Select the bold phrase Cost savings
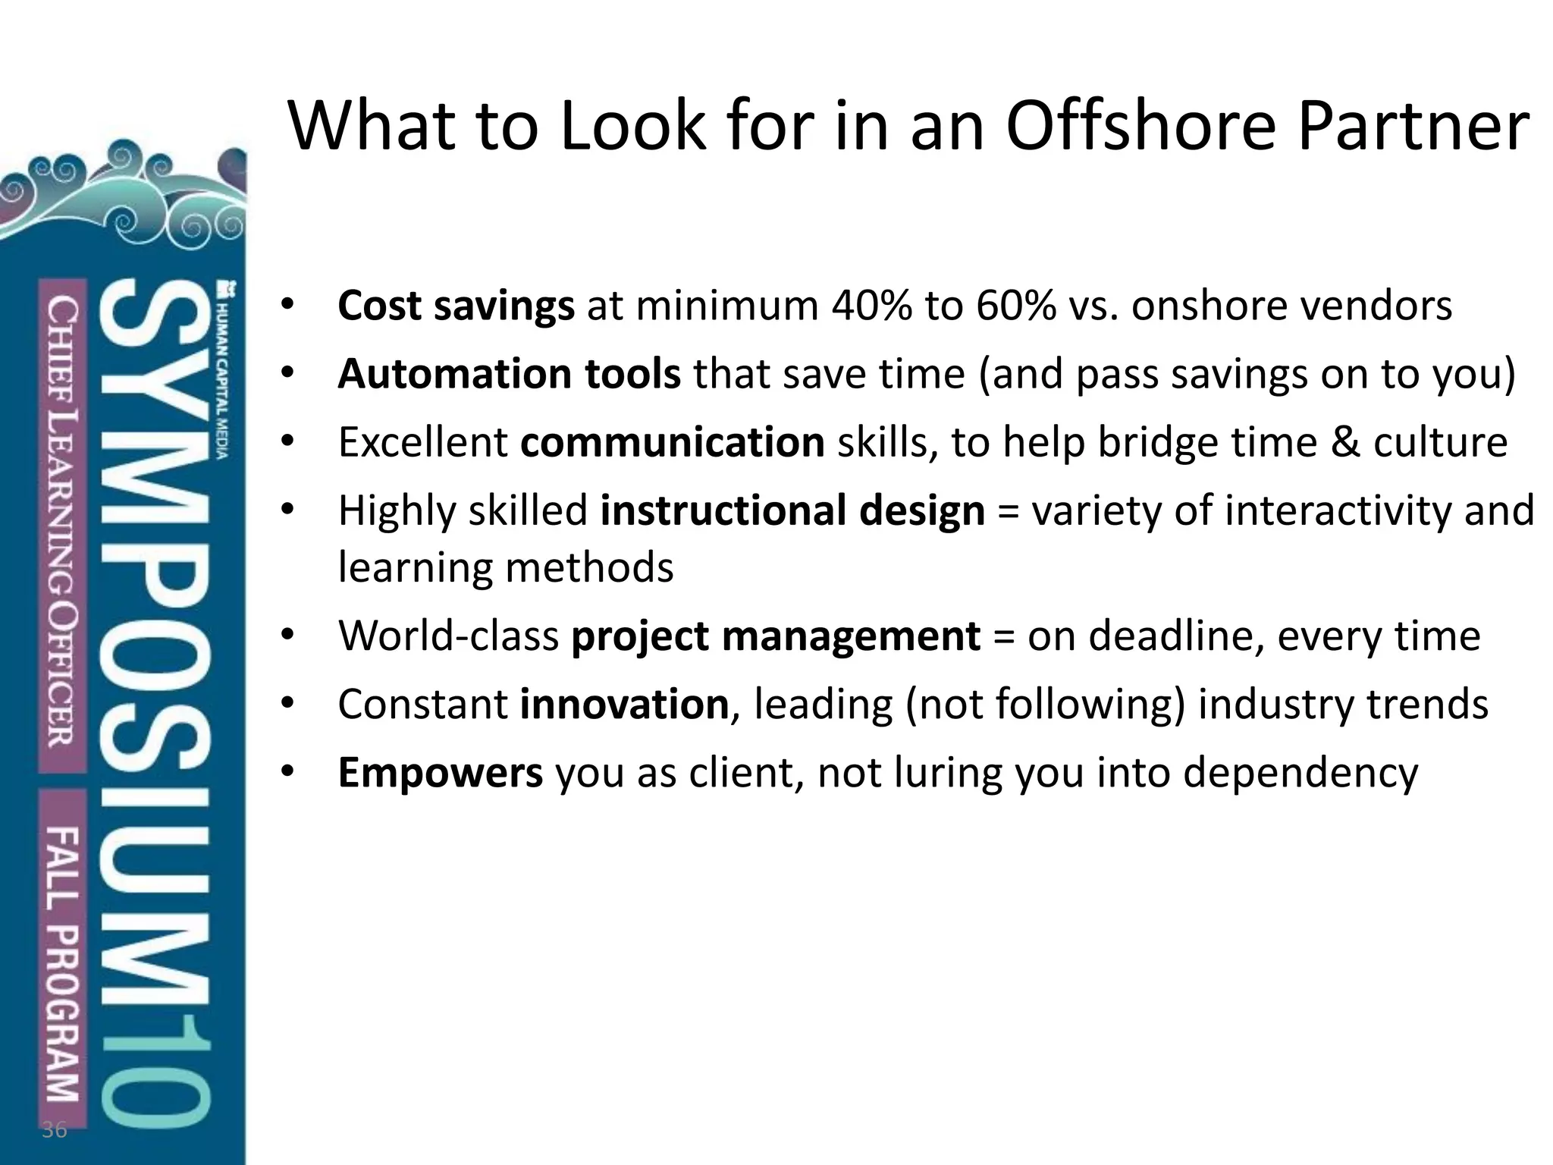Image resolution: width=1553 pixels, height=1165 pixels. [456, 306]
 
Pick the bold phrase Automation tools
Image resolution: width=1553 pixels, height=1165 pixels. [509, 374]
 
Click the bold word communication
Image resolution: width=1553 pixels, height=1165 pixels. [672, 442]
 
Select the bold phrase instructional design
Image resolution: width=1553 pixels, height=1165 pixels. [792, 510]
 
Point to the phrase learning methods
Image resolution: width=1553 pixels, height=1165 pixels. [505, 567]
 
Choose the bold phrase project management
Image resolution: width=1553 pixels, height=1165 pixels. [775, 636]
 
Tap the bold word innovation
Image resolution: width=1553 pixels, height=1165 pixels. [624, 704]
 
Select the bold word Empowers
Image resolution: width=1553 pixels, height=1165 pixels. [440, 772]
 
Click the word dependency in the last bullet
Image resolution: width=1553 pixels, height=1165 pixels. [1300, 774]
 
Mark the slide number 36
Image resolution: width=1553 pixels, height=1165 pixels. [54, 1130]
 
